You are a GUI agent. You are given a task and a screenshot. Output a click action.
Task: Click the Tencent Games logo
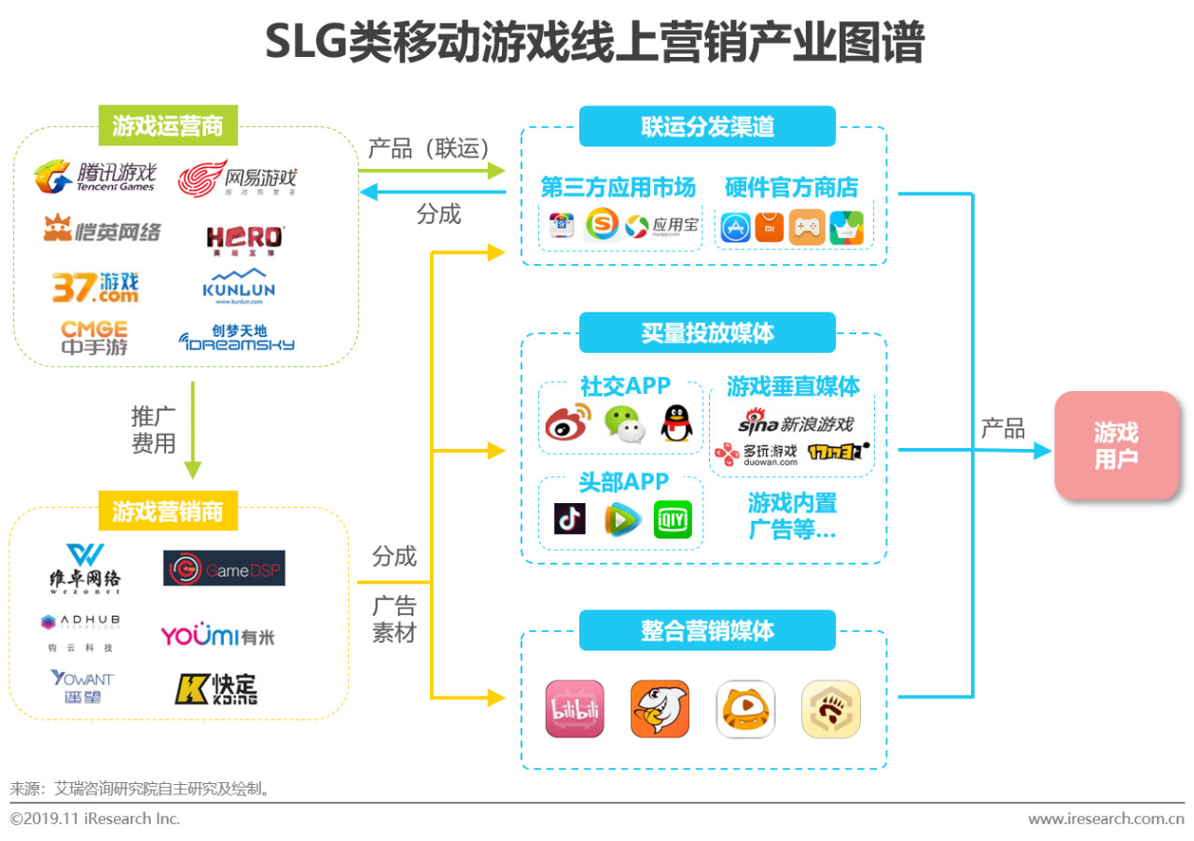(x=95, y=177)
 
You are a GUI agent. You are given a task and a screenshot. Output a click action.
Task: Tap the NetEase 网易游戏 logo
(x=237, y=177)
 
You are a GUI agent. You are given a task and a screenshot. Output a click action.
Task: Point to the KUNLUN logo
(x=239, y=287)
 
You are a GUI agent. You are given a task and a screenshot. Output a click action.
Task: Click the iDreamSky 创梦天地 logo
(x=237, y=338)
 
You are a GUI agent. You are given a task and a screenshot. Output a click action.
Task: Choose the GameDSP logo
(x=224, y=568)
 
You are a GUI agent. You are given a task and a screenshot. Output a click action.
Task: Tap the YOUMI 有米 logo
(x=217, y=637)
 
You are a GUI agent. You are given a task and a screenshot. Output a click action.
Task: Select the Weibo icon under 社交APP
(x=568, y=423)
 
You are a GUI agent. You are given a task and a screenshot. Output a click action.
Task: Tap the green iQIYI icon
(x=673, y=519)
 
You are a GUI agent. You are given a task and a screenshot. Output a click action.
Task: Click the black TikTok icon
(x=569, y=519)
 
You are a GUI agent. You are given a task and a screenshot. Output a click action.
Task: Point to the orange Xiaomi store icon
(x=770, y=227)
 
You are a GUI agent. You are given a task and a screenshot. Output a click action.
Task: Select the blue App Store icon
(x=735, y=227)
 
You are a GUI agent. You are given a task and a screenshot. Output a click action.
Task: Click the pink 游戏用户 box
(x=1117, y=445)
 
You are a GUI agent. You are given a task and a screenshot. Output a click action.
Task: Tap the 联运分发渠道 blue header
(x=707, y=126)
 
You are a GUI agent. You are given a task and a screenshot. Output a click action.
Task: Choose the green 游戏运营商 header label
(x=168, y=126)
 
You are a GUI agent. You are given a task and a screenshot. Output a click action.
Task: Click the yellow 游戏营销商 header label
(x=168, y=512)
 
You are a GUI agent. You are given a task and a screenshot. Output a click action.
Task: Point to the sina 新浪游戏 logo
(x=796, y=424)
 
